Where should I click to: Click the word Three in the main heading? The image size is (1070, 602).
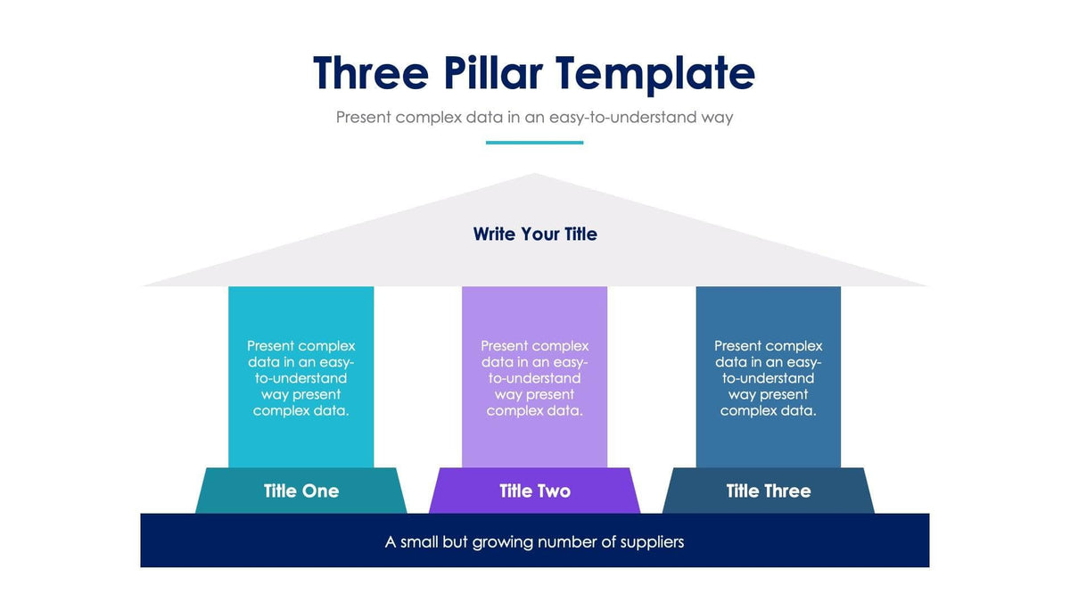coord(370,73)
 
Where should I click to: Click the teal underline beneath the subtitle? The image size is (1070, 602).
coord(534,142)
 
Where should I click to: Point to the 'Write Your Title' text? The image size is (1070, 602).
coord(535,234)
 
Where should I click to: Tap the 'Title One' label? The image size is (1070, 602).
coord(301,491)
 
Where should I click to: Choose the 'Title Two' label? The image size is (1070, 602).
coord(535,491)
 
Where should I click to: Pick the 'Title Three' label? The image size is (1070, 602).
coord(769,491)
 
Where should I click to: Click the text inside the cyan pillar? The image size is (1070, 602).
coord(301,378)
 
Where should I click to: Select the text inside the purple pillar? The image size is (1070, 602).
coord(535,378)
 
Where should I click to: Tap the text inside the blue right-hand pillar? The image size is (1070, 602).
coord(769,378)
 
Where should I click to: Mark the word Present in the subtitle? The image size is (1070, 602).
coord(363,117)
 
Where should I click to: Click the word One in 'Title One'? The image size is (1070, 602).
coord(321,491)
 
